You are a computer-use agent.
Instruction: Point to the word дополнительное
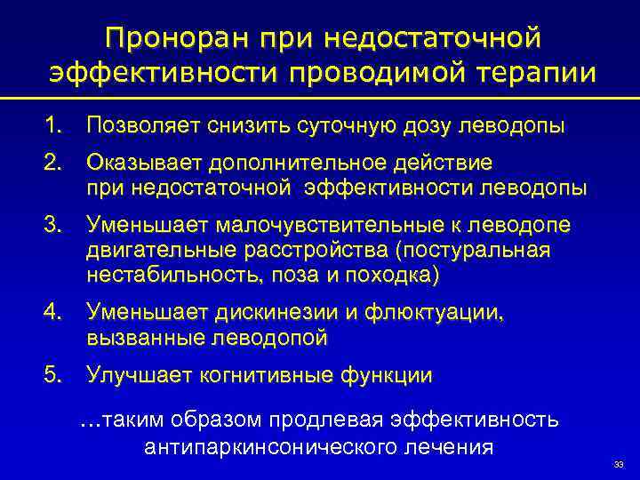tap(304, 163)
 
